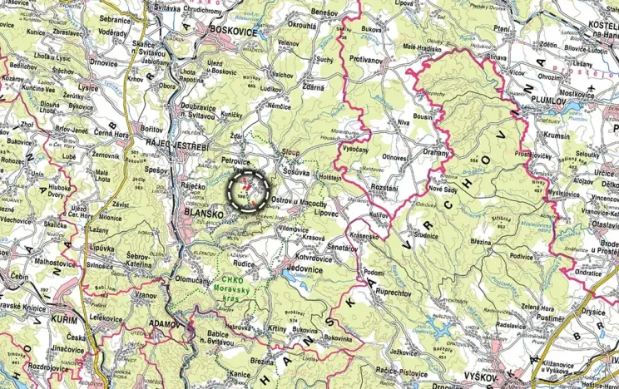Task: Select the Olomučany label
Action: coord(195,280)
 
